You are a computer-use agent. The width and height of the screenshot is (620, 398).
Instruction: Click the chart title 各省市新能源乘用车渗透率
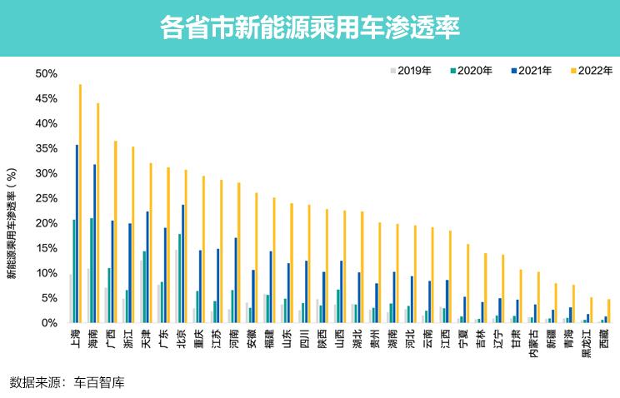(309, 28)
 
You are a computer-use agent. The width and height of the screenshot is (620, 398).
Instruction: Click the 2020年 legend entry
(470, 71)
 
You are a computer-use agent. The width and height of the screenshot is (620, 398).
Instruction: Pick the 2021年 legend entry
(530, 71)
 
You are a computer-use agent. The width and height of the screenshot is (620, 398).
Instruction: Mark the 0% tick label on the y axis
(49, 323)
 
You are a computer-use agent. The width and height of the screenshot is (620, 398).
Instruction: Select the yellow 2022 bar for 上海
(80, 203)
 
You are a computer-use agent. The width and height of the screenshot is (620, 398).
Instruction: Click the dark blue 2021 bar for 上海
(77, 234)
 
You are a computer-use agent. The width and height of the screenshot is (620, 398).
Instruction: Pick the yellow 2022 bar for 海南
(97, 213)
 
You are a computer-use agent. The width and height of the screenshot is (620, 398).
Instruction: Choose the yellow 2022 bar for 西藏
(608, 311)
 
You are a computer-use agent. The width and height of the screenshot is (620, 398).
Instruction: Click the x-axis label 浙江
(128, 339)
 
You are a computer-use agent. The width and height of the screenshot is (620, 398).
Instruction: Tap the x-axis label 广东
(163, 339)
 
